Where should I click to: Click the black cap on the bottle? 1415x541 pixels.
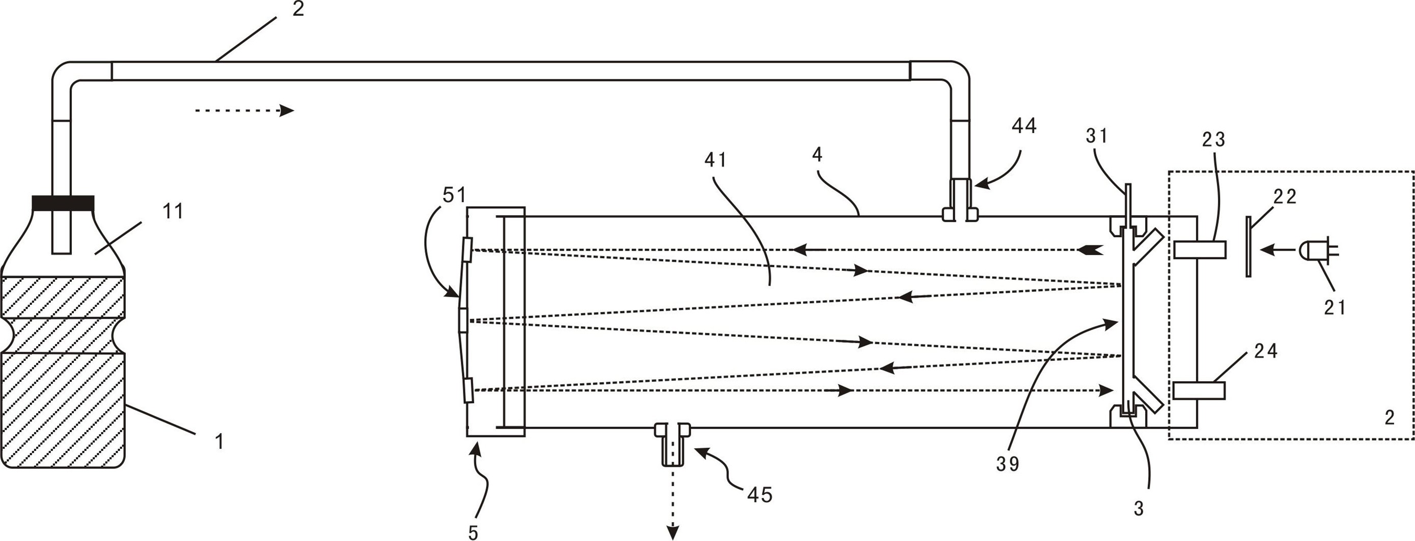click(63, 203)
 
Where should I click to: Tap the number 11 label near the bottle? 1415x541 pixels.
click(173, 211)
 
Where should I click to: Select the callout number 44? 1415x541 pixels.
click(1024, 126)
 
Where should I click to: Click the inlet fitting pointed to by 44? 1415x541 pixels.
click(960, 201)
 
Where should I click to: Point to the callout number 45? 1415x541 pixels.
click(760, 495)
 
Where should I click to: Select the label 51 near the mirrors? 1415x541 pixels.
click(454, 195)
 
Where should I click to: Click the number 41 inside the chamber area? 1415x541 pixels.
click(716, 160)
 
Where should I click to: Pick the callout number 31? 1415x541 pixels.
click(1097, 136)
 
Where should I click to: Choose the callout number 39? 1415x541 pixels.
click(1008, 465)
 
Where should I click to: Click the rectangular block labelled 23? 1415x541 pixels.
click(1200, 250)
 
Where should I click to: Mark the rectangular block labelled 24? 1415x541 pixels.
click(1199, 390)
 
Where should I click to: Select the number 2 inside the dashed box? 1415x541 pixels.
click(1390, 418)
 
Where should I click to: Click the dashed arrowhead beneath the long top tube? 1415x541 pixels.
click(286, 110)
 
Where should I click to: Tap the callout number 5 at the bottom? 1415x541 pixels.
click(474, 532)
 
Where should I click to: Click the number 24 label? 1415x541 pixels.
click(1266, 351)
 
